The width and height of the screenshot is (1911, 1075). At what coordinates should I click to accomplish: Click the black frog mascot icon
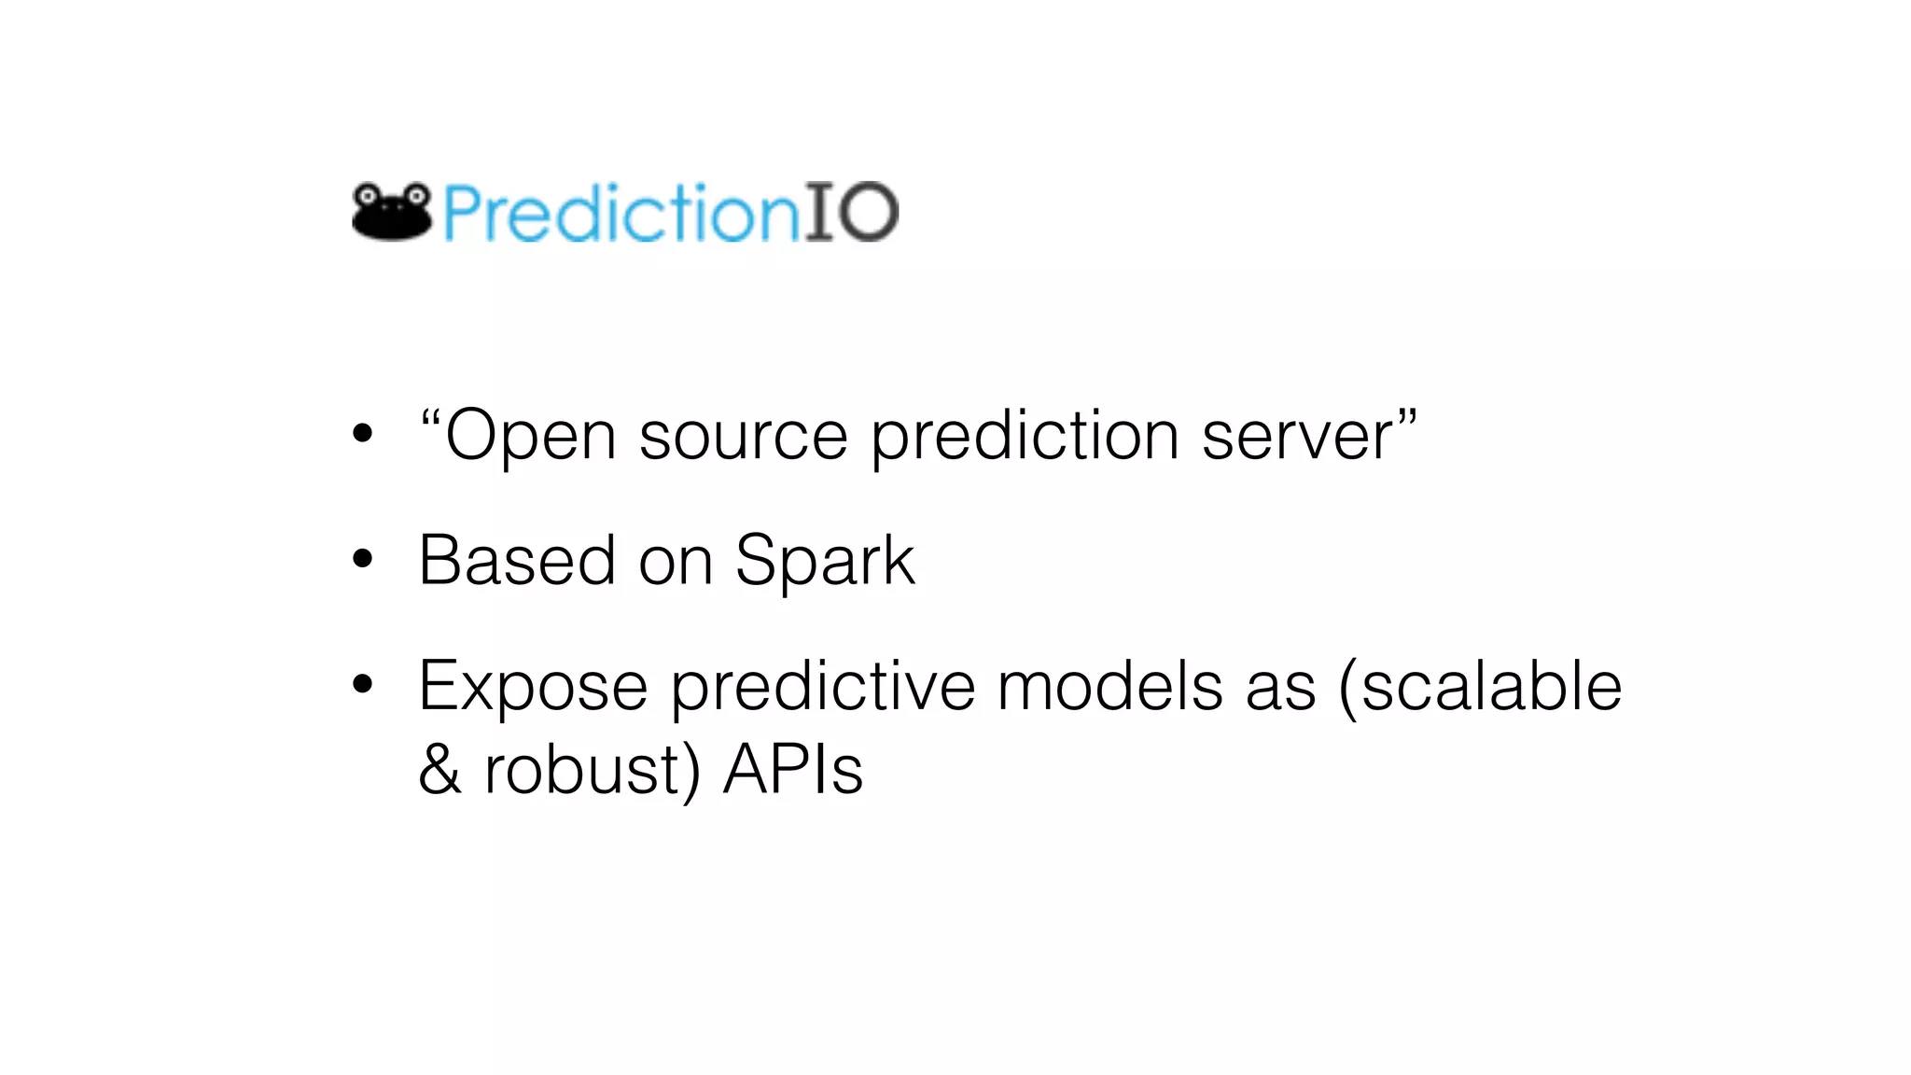click(392, 211)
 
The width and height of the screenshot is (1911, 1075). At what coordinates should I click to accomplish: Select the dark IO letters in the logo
click(851, 213)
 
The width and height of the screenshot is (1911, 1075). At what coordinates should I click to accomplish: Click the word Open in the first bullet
click(530, 437)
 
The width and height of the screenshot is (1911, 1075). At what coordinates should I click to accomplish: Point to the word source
click(743, 437)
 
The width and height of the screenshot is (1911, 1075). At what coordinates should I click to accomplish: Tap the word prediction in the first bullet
click(1025, 437)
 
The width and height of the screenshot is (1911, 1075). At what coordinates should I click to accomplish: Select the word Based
click(517, 561)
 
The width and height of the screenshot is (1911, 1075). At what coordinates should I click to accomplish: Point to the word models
click(1109, 687)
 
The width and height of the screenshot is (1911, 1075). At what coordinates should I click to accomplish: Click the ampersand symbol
click(439, 770)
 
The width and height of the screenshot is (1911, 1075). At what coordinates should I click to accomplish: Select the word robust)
click(592, 771)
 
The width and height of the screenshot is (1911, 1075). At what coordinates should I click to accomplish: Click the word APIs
click(793, 770)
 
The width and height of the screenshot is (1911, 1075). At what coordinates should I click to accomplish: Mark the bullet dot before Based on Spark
click(363, 560)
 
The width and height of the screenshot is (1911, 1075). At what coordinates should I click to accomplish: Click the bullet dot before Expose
click(363, 685)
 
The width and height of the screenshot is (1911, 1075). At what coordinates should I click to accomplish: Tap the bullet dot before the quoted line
click(363, 434)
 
